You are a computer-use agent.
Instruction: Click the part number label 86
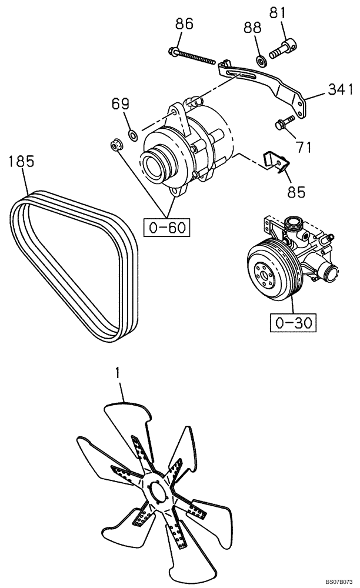pos(184,24)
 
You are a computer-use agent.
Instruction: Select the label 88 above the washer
pos(251,29)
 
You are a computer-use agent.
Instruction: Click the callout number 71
pos(304,147)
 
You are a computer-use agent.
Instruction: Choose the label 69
pos(121,105)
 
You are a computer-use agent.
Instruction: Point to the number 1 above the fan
pos(118,372)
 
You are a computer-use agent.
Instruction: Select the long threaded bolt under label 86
pos(192,56)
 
